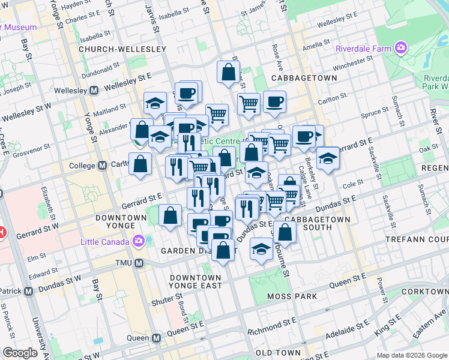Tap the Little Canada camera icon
(139, 241)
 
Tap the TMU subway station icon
(139, 263)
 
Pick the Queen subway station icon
(156, 338)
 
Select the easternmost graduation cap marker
(328, 158)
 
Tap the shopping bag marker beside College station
(140, 163)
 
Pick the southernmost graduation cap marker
(261, 248)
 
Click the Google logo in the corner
(20, 352)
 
